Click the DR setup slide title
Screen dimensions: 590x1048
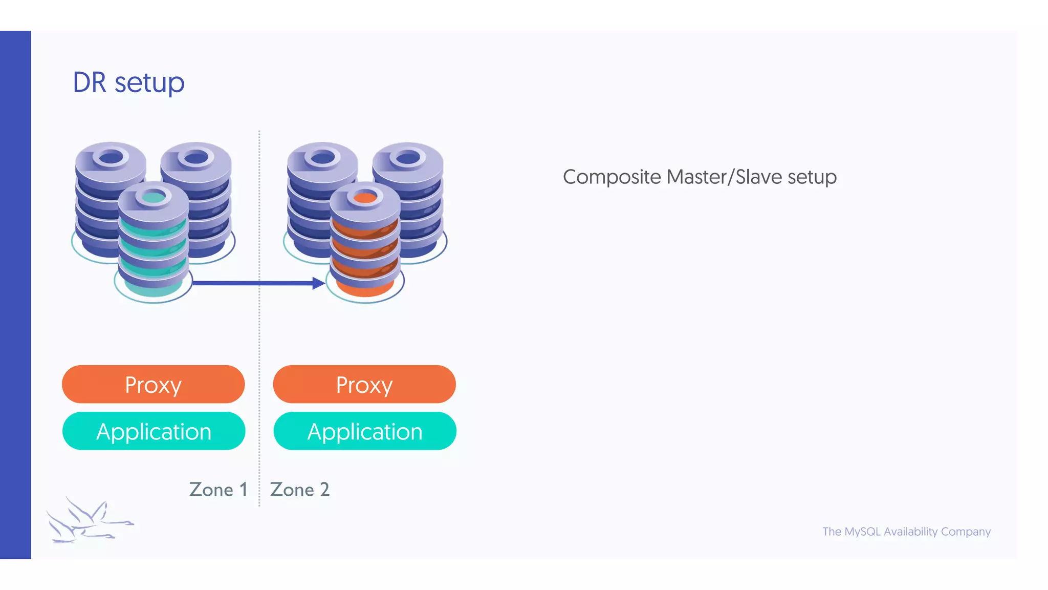tap(128, 82)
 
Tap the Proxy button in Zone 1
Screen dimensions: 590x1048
tap(153, 385)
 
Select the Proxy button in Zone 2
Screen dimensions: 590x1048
tap(364, 385)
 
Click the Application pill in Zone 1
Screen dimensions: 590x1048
tap(154, 431)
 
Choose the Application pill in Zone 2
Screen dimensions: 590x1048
tap(364, 431)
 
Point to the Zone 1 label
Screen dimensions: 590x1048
tap(218, 490)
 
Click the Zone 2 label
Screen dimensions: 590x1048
tap(299, 490)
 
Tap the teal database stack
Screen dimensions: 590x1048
tap(153, 241)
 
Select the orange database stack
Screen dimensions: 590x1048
tap(364, 241)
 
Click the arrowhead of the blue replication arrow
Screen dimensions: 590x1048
tap(319, 283)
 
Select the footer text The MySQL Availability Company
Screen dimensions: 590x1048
tap(906, 532)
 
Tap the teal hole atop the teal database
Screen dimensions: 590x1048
tap(153, 197)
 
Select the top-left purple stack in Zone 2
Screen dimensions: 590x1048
tap(312, 195)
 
